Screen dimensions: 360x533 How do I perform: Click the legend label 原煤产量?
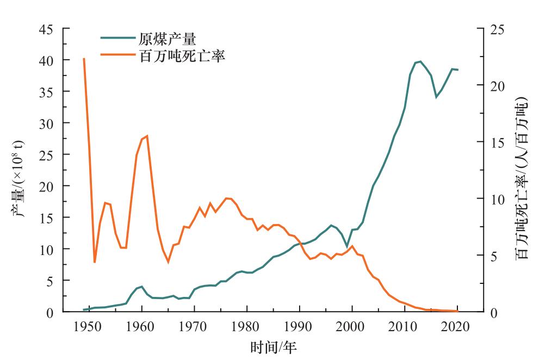pos(167,39)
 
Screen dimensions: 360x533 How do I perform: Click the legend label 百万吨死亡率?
pos(182,55)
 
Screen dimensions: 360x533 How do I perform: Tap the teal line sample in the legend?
pos(117,38)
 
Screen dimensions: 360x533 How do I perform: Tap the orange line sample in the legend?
pos(117,55)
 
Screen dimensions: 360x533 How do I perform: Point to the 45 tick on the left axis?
pos(46,29)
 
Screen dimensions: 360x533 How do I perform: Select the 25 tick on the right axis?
pos(497,29)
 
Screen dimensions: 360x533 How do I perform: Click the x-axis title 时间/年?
pos(274,347)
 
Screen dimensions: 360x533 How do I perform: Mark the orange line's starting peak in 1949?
pos(84,58)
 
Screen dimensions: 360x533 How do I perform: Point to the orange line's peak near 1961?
pos(147,135)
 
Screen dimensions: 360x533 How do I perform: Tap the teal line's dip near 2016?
pos(436,97)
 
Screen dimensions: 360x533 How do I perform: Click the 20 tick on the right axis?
pos(497,85)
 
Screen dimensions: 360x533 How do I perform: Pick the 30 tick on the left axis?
pos(46,123)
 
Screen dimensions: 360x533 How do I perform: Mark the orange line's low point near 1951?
pos(95,262)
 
